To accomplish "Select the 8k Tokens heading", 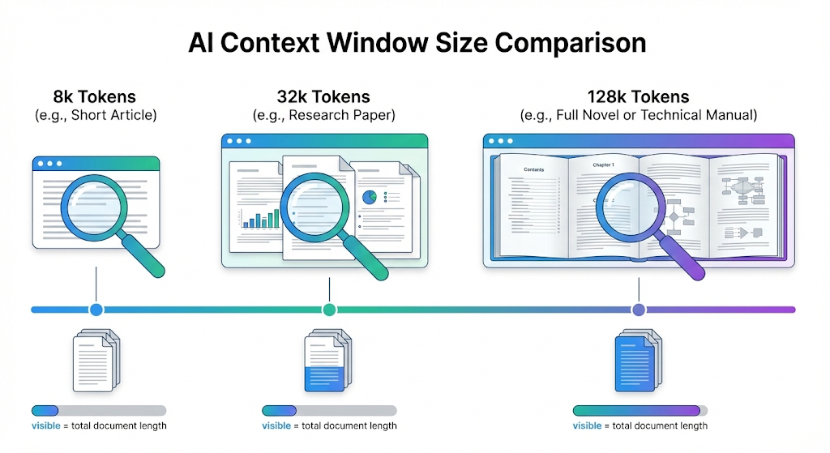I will click(96, 98).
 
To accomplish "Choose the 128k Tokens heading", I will click(638, 98).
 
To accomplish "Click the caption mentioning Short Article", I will click(96, 115).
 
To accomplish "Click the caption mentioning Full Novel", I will click(638, 115).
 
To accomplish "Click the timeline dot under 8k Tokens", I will click(96, 310).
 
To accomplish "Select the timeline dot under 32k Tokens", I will click(329, 310).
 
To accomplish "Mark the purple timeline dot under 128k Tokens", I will click(639, 310).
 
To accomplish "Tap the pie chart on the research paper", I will click(370, 197).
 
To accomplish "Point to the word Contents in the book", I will click(534, 169).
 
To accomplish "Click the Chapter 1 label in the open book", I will click(603, 165).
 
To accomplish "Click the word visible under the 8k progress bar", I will click(45, 426).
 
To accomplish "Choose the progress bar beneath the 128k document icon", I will click(640, 411).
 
